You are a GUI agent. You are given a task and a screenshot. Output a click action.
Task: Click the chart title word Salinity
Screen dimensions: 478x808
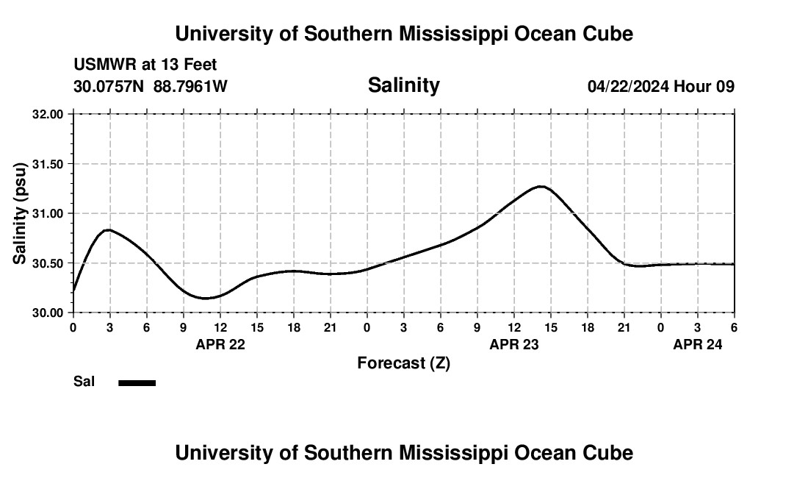pos(403,85)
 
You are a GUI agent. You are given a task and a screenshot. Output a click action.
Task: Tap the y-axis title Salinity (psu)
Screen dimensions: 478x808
pos(20,213)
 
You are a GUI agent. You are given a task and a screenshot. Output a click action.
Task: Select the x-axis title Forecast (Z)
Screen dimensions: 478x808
pos(403,363)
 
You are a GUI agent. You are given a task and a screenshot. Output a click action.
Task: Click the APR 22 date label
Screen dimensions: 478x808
pos(220,344)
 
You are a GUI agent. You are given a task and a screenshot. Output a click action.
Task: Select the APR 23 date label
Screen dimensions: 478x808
pos(514,344)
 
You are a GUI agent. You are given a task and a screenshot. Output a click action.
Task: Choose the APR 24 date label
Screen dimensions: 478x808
pos(698,344)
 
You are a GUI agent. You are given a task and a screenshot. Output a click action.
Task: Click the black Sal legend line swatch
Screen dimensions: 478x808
pos(137,382)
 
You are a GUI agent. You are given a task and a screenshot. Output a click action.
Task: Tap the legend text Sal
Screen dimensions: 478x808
pos(84,382)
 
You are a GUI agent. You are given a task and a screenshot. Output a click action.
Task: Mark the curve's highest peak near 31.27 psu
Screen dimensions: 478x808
pos(541,187)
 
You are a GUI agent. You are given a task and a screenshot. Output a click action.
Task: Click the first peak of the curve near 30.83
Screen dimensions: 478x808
pos(109,230)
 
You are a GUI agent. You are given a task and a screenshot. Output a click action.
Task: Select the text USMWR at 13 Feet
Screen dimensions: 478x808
pos(145,65)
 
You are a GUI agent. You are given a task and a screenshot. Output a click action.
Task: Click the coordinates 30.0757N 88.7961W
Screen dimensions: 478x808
pos(151,87)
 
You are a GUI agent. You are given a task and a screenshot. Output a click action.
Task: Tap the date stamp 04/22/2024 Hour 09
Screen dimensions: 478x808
pos(660,87)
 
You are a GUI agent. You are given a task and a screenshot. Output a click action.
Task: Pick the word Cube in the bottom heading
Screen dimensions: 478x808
pos(610,453)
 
